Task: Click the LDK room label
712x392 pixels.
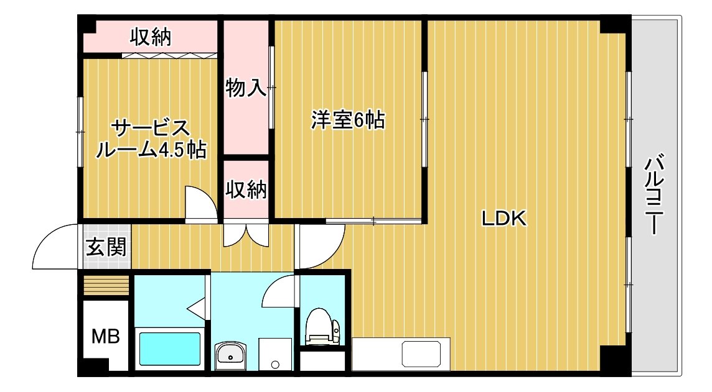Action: pos(504,219)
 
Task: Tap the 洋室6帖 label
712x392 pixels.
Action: pos(348,120)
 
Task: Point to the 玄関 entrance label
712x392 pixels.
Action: pos(106,247)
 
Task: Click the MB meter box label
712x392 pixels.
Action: pos(105,336)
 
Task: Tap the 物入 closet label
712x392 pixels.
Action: pos(246,87)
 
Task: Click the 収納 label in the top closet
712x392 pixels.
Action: pos(151,37)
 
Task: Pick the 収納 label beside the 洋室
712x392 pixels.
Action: pos(246,189)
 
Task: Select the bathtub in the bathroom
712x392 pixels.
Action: pos(170,349)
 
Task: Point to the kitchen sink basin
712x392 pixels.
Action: pos(421,354)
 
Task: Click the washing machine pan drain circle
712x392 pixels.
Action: pos(274,363)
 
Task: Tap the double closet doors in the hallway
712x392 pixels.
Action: pos(246,235)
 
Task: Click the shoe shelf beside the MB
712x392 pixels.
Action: pos(106,286)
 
